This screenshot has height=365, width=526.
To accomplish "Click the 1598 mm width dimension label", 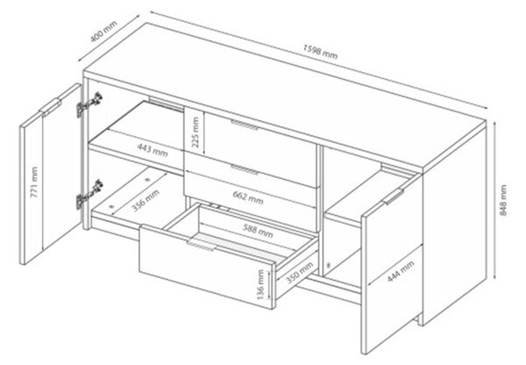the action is (x=320, y=52).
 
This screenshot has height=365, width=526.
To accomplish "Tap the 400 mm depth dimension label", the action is (x=103, y=32).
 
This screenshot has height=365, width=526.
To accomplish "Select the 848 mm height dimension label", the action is (x=503, y=200).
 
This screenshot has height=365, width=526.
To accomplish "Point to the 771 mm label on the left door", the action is (x=34, y=182).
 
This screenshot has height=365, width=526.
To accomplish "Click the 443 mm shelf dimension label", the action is (x=153, y=150).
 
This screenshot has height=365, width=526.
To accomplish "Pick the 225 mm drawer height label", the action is (x=195, y=132).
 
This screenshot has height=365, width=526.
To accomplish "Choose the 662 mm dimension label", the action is (x=248, y=197).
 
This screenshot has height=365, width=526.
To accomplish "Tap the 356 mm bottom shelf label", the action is (x=146, y=200).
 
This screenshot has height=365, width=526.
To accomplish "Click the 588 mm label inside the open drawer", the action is (x=258, y=230).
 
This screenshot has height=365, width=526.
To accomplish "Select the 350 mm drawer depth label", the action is (x=300, y=272).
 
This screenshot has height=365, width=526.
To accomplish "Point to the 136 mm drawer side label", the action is (x=260, y=284).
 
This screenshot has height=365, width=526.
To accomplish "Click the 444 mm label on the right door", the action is (x=401, y=270).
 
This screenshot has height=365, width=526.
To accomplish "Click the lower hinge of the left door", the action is (x=89, y=194).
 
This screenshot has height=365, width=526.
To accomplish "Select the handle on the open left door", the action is (x=50, y=107).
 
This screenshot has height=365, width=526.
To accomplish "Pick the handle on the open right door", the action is (x=394, y=197).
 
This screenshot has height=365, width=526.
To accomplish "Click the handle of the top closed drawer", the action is (x=245, y=125).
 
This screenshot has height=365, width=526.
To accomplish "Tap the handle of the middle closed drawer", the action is (x=245, y=169).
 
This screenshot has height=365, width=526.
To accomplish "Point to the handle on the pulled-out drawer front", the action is (x=201, y=247).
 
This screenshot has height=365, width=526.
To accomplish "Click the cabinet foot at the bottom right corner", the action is (x=419, y=319).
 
